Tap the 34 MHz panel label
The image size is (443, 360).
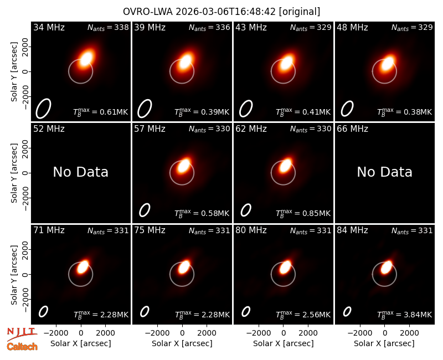49,27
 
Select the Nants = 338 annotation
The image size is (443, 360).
108,27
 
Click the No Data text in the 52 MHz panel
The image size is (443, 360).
80,172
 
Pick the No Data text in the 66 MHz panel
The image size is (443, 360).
384,172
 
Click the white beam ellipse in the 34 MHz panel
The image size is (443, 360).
43,109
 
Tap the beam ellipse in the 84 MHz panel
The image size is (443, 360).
347,312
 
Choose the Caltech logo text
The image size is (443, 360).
22,347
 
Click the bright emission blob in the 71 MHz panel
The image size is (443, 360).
83,266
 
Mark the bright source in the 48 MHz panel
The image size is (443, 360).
387,64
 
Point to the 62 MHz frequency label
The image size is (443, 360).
251,129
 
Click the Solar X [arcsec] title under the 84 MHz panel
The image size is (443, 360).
384,343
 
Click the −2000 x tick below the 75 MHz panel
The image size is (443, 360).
157,333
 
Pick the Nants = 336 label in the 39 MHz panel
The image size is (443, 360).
209,27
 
